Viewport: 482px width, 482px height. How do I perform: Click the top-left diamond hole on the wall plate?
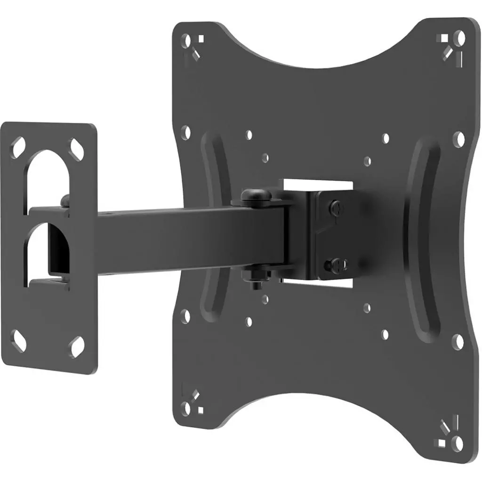click(19, 144)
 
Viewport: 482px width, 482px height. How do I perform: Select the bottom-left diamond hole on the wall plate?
click(19, 337)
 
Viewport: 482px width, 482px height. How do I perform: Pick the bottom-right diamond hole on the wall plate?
click(75, 348)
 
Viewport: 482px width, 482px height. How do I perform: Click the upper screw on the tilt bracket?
click(335, 207)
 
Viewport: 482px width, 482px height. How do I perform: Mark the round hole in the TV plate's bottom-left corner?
click(187, 408)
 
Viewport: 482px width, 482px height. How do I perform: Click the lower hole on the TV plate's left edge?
click(185, 315)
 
